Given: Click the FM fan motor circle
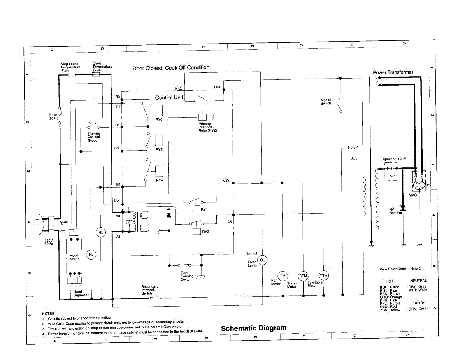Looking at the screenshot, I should [x=283, y=276].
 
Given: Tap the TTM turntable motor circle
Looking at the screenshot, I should [x=323, y=276].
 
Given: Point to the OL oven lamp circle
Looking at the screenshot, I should [x=262, y=260].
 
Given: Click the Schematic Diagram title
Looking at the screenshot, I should [x=254, y=328].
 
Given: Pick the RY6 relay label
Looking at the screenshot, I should [x=159, y=120].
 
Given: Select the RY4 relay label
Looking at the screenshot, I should [x=159, y=180].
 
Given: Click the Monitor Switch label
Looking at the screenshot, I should [x=326, y=102].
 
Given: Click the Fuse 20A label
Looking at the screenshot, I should [x=53, y=116].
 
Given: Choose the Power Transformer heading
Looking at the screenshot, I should [x=393, y=72].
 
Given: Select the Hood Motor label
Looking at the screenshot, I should [x=74, y=257].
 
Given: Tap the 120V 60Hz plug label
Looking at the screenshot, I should [x=49, y=242].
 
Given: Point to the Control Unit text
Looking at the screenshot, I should [x=169, y=97].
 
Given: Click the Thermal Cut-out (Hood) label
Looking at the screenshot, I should [x=94, y=137].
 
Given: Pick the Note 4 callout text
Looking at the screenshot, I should [x=353, y=147].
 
